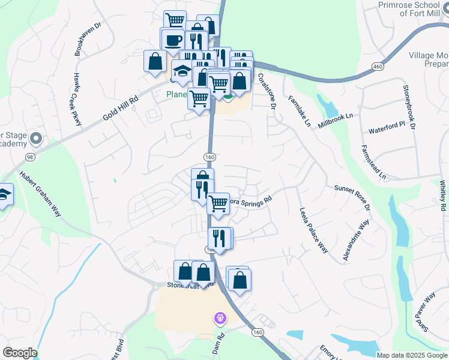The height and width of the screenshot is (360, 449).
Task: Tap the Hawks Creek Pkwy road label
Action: [x=77, y=99]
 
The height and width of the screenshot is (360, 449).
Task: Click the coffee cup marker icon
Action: [x=173, y=40]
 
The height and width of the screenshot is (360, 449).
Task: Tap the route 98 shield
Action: [x=29, y=157]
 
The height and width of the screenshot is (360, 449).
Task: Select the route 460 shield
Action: [x=378, y=65]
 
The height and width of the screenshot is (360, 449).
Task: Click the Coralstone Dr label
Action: [x=266, y=91]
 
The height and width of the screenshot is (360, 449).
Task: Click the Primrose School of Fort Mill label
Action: [x=414, y=10]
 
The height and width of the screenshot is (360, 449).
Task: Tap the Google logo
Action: [x=20, y=353]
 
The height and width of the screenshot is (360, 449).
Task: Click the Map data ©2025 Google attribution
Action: [x=412, y=355]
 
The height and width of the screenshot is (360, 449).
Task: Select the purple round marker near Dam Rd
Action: [x=220, y=317]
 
